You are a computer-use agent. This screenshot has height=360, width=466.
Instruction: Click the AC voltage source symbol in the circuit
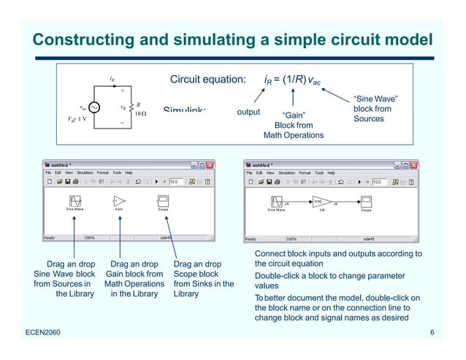pyautogui.click(x=95, y=108)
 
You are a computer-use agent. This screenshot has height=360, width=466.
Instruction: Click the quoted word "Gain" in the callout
pyautogui.click(x=293, y=115)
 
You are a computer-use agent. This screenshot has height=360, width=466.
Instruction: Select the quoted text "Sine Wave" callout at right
pyautogui.click(x=375, y=99)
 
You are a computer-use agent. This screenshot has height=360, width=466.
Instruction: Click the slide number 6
pyautogui.click(x=432, y=334)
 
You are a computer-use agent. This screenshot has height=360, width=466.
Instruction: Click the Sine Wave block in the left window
pyautogui.click(x=75, y=201)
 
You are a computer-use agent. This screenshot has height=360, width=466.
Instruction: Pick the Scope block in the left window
pyautogui.click(x=163, y=201)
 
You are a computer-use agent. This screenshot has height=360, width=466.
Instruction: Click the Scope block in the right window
pyautogui.click(x=366, y=202)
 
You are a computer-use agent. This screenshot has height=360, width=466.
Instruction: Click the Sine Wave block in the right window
pyautogui.click(x=276, y=202)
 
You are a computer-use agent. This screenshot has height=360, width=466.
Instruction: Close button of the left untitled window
pyautogui.click(x=210, y=165)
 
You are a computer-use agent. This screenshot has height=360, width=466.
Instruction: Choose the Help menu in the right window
pyautogui.click(x=331, y=173)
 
